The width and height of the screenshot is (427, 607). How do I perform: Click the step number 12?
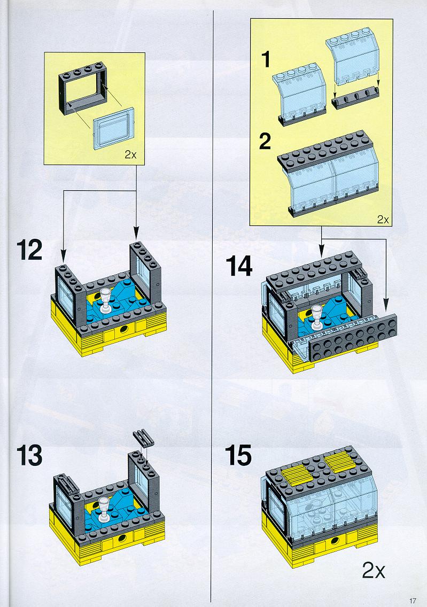[29, 251]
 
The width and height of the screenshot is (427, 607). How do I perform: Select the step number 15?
[238, 455]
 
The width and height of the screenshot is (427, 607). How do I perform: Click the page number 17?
[413, 601]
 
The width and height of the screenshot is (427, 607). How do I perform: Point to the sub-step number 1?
[266, 59]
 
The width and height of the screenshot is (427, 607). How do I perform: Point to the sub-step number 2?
[265, 141]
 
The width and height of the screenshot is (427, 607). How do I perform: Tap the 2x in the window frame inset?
[130, 155]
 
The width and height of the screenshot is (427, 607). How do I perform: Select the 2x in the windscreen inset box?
[383, 220]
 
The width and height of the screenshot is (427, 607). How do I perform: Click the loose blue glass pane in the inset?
[114, 128]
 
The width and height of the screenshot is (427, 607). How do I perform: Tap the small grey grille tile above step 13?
[143, 439]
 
